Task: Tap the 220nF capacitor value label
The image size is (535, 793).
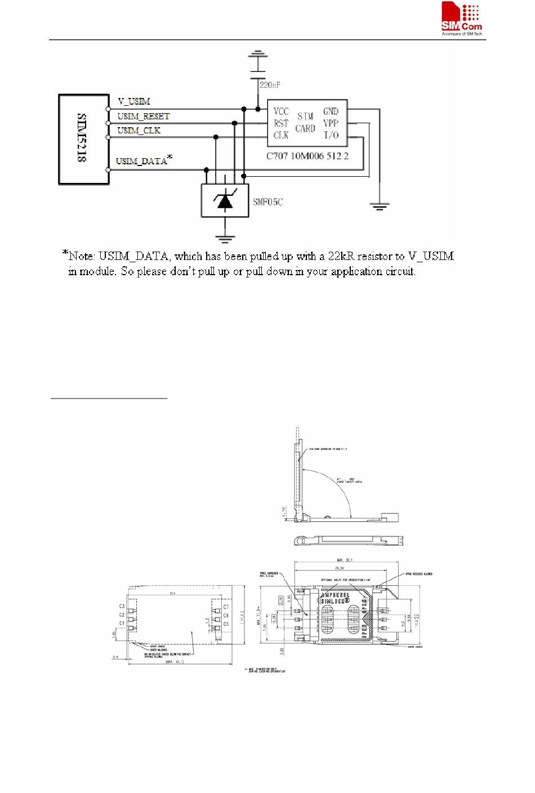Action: coord(270,85)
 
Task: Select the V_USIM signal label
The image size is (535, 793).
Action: coord(133,102)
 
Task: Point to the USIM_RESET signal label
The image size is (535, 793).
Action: coord(143,117)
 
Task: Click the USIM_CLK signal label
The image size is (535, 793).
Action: coord(139,131)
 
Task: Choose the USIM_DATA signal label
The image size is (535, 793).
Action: coord(141,162)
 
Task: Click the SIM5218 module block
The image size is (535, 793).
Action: coord(83,140)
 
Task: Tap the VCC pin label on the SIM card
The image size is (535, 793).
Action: coord(281,111)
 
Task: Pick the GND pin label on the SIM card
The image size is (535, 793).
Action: coord(331,111)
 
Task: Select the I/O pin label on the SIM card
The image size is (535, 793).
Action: coord(331,135)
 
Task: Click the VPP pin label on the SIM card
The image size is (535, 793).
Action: coord(331,123)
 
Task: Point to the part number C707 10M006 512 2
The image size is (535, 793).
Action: coord(307,155)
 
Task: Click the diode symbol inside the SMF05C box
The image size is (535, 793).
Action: coord(225,200)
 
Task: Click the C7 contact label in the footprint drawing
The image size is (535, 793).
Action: coord(226,607)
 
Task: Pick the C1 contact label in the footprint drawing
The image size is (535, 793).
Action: coord(122,624)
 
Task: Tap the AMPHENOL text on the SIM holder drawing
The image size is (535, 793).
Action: coord(335,595)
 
